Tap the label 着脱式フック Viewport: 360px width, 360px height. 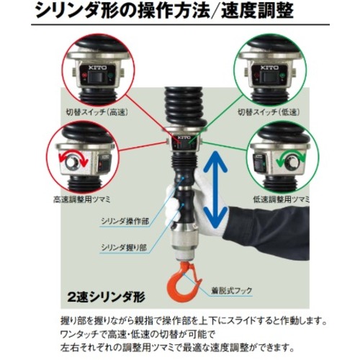coord(232,291)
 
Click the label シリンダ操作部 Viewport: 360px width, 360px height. coord(125,221)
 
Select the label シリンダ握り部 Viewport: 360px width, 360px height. coord(124,247)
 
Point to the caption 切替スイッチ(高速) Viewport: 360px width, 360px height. coord(97,112)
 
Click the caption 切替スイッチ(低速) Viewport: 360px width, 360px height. coord(269,112)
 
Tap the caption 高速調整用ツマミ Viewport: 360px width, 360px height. coord(82,199)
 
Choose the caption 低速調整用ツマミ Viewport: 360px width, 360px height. coord(282,199)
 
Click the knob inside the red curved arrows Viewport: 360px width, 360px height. coord(71,162)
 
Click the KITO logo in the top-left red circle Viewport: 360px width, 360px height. coord(97,68)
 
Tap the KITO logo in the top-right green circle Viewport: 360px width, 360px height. coord(270,68)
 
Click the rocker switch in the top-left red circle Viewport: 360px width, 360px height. coord(97,77)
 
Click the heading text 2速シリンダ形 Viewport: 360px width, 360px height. coord(107,297)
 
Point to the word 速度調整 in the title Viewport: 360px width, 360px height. coord(257,11)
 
